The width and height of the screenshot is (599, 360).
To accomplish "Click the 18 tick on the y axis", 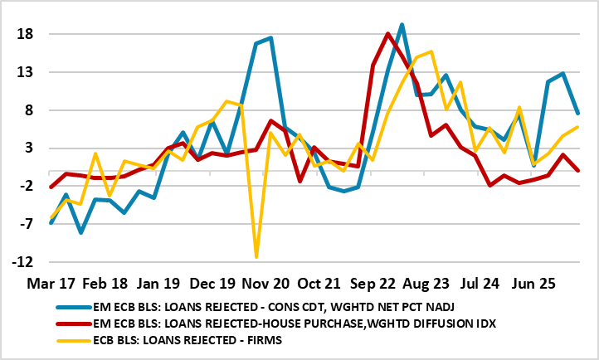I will (23, 35).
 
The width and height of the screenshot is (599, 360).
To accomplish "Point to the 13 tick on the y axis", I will (23, 73).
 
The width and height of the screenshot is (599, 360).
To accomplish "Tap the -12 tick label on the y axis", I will (22, 262).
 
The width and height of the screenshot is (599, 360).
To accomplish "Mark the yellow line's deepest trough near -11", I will (256, 257).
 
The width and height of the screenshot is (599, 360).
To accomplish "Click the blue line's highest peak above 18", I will (402, 25).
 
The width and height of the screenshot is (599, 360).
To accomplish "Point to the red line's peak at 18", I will (387, 34).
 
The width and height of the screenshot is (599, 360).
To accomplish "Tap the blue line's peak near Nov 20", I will (270, 38).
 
